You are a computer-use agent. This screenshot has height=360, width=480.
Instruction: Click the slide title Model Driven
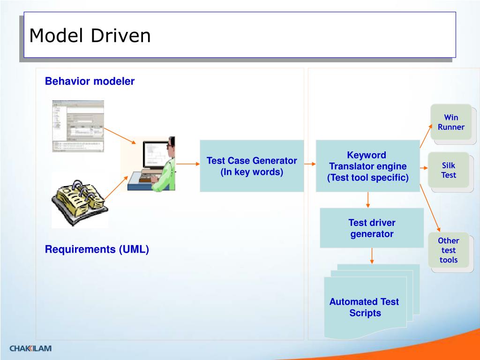(90, 36)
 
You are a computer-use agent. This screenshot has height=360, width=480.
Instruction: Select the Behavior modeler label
(90, 81)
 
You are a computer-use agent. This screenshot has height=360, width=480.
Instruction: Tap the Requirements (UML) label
(97, 249)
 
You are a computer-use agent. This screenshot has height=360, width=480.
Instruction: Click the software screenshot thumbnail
(78, 126)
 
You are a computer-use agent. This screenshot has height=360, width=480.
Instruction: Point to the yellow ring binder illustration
(80, 202)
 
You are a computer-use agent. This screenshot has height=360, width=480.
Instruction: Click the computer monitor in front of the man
(155, 155)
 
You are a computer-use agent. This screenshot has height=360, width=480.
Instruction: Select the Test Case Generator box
(252, 166)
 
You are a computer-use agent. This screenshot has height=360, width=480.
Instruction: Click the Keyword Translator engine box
(367, 166)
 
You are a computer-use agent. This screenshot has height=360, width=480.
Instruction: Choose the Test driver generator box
(372, 228)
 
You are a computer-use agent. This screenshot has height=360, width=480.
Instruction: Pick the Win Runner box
(451, 122)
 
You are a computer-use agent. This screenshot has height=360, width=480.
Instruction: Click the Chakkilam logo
(30, 348)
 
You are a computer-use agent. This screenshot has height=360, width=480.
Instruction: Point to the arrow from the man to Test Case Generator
(188, 164)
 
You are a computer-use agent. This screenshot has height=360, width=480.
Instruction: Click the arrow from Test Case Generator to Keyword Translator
(310, 164)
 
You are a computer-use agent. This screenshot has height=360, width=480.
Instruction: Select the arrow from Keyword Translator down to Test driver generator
(368, 200)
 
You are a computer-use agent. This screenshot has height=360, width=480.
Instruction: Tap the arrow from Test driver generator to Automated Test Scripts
(372, 256)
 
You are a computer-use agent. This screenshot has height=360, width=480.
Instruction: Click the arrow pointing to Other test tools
(430, 208)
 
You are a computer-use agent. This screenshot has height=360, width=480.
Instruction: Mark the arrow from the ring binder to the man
(116, 188)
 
